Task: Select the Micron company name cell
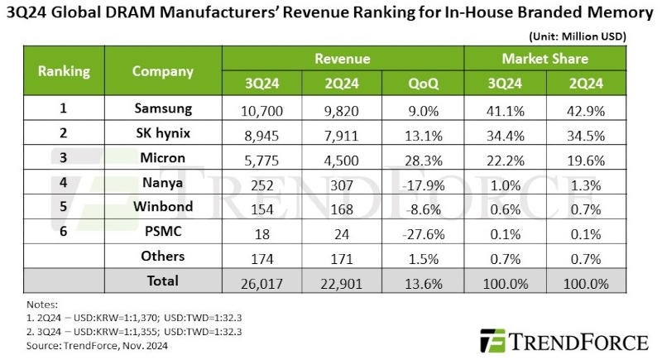click(162, 158)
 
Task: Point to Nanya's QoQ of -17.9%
click(423, 183)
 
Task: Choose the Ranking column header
click(64, 71)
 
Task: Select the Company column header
click(162, 71)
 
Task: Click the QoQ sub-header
click(423, 84)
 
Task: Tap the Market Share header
click(545, 60)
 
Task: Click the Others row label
click(162, 257)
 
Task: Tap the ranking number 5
click(64, 207)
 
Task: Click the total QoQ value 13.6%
click(423, 282)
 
